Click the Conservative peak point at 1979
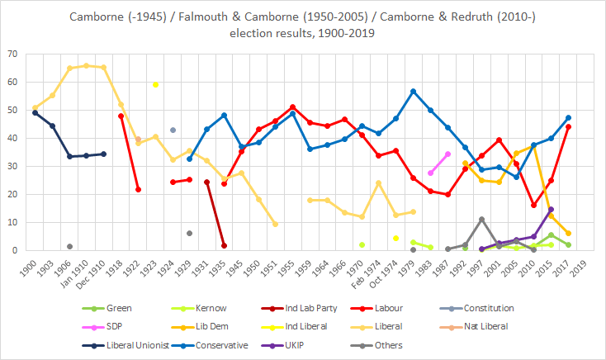[x=413, y=91]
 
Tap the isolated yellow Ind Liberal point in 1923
[x=155, y=84]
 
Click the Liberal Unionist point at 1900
[x=35, y=112]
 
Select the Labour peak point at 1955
[x=293, y=107]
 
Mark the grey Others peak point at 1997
[x=482, y=220]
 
